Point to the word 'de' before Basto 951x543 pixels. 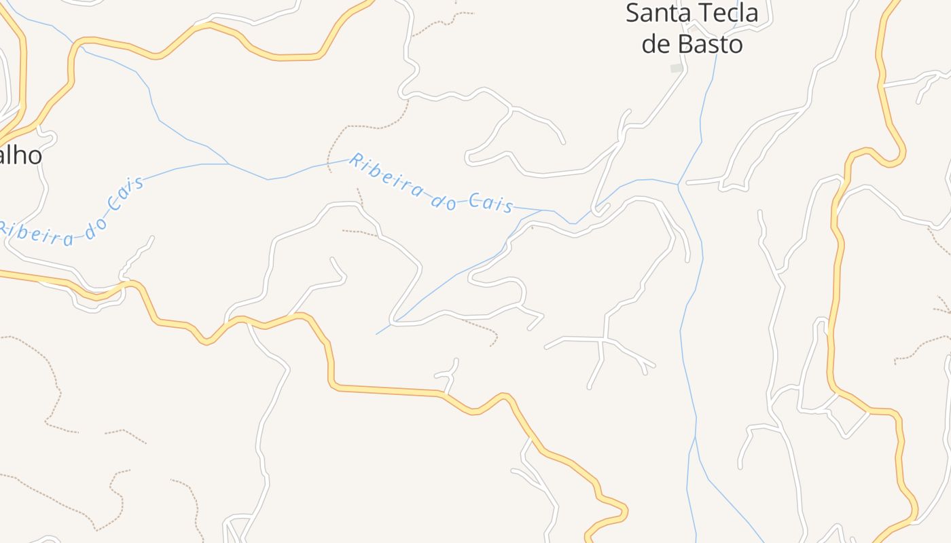click(656, 44)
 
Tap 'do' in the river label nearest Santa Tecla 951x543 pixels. click(443, 198)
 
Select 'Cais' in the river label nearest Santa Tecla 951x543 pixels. click(490, 203)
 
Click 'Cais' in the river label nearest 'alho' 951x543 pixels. click(127, 194)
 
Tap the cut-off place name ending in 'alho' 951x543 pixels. click(20, 155)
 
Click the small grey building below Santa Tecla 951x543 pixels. click(677, 68)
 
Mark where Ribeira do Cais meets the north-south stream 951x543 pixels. click(678, 183)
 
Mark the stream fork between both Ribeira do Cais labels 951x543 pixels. click(228, 164)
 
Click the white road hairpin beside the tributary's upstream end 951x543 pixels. click(393, 320)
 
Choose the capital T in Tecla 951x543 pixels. click(708, 14)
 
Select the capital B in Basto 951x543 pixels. click(686, 44)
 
